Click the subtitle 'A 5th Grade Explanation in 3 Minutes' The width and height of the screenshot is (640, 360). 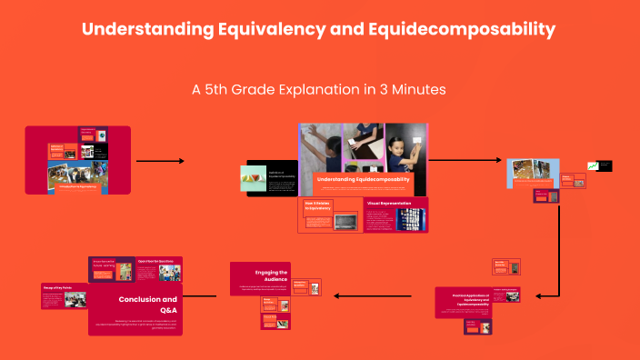319,91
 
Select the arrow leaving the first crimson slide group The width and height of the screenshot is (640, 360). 160,161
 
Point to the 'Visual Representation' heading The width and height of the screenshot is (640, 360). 388,203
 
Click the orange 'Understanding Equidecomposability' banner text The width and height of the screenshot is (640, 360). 362,179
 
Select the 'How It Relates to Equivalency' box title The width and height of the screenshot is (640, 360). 321,206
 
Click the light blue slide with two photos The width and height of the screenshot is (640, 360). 532,173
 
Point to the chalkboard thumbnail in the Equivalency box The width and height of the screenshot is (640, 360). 345,222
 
